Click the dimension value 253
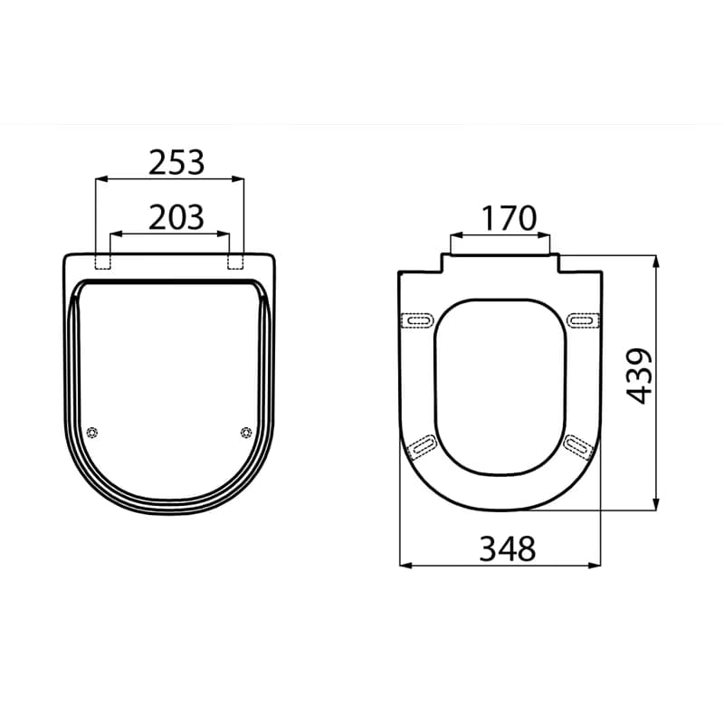click(176, 163)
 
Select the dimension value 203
click(176, 217)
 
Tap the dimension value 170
click(510, 218)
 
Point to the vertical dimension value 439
click(639, 376)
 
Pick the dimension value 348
click(508, 549)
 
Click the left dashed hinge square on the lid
click(102, 262)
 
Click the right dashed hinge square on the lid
click(236, 262)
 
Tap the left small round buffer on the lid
click(92, 433)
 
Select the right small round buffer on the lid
click(246, 433)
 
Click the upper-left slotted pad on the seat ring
click(418, 320)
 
